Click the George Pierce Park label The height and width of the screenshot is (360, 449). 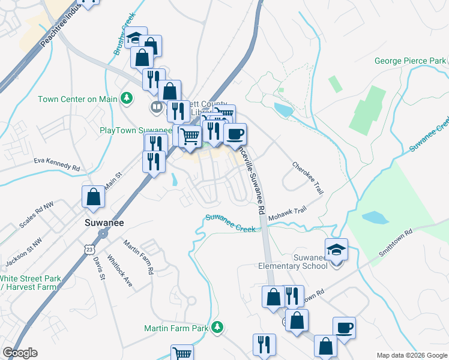[x=410, y=61]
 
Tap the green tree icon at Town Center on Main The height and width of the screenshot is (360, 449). [x=127, y=98]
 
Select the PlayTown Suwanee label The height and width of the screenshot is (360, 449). [x=136, y=130]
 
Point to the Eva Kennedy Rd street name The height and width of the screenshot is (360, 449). [x=57, y=163]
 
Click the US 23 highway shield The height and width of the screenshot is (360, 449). [x=89, y=248]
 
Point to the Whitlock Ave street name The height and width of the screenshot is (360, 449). [x=119, y=271]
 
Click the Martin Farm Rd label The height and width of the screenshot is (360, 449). [x=139, y=257]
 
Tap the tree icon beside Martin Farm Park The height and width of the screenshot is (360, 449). [x=218, y=328]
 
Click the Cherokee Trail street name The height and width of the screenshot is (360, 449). [x=308, y=178]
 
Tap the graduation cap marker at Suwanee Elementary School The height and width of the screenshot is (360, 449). [x=337, y=249]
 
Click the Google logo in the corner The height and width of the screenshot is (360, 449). [x=20, y=353]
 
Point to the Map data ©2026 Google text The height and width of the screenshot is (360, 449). [x=412, y=355]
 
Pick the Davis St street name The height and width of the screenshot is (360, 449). [x=99, y=268]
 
